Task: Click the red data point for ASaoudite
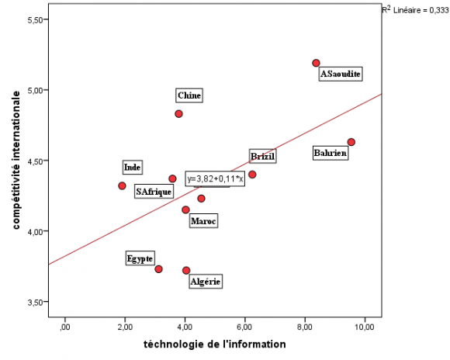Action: pos(316,63)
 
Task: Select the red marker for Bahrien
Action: pos(351,142)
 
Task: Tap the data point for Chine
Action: pos(178,113)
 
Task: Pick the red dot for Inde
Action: pos(122,185)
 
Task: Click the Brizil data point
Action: pos(252,175)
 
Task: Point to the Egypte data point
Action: pos(158,269)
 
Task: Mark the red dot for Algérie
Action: pos(186,270)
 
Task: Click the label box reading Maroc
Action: pos(203,222)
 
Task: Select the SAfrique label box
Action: pos(154,192)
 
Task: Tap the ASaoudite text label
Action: pos(341,74)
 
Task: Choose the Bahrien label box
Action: pos(330,154)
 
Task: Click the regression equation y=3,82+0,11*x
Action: pos(215,178)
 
